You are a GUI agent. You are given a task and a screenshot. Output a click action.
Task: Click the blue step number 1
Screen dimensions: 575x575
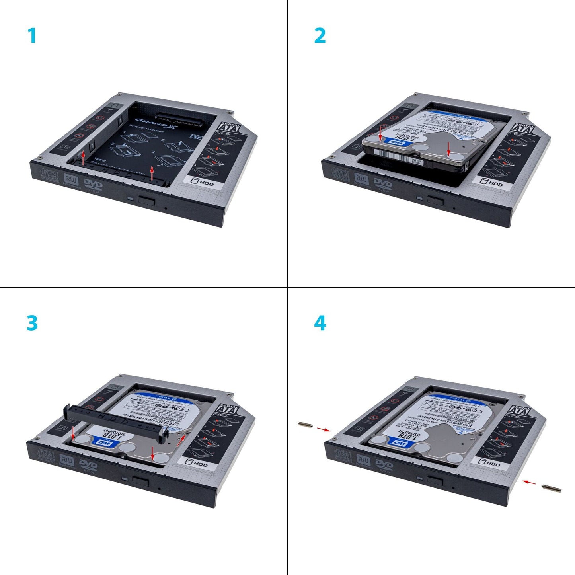pos(32,36)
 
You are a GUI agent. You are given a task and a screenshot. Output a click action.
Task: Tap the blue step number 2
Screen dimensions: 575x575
pos(320,36)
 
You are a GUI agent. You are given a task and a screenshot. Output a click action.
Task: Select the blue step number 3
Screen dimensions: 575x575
pos(32,323)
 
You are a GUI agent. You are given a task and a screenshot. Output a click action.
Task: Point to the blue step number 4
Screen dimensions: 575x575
pos(320,323)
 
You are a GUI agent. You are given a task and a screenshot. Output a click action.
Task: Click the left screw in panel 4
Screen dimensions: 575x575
pos(305,425)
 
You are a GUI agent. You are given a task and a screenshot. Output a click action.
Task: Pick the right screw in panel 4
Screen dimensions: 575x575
pos(552,488)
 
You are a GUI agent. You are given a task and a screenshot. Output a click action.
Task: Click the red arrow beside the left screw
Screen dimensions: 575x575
pos(324,429)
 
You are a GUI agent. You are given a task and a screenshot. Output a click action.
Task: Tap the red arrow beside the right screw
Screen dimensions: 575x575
pos(529,482)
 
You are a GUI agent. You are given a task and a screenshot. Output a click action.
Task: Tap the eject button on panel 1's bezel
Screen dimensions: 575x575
pos(146,200)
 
